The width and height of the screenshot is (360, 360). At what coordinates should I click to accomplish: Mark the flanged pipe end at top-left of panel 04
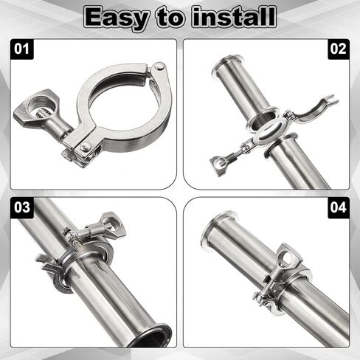point(217,229)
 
